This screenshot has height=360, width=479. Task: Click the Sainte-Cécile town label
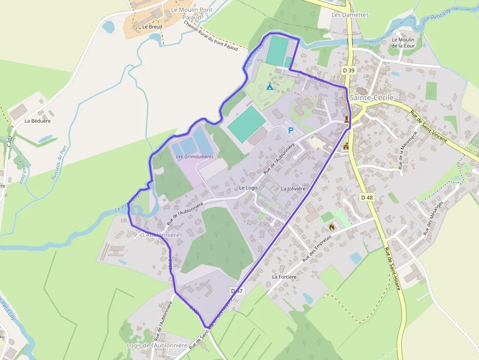coord(372,98)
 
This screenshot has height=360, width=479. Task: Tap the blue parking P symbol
coord(291,130)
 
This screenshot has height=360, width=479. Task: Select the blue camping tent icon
coord(269,86)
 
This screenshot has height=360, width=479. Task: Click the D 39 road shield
coord(349,70)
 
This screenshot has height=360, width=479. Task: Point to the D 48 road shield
coord(367,197)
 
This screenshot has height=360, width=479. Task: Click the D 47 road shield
coord(237,291)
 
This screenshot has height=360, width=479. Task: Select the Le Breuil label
coord(152,26)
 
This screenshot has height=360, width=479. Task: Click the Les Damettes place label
coord(350,15)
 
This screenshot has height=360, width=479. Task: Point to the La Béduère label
coord(38,120)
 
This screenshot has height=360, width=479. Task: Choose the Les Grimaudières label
coord(195,157)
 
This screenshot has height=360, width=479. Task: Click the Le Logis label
coord(248,188)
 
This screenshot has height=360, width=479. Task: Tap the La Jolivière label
coord(293,189)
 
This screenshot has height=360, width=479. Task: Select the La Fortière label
coord(284,276)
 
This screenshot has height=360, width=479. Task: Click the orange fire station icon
coord(332,227)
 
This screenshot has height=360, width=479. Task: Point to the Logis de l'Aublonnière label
coord(157,345)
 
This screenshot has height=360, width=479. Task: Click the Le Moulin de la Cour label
coord(403,43)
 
